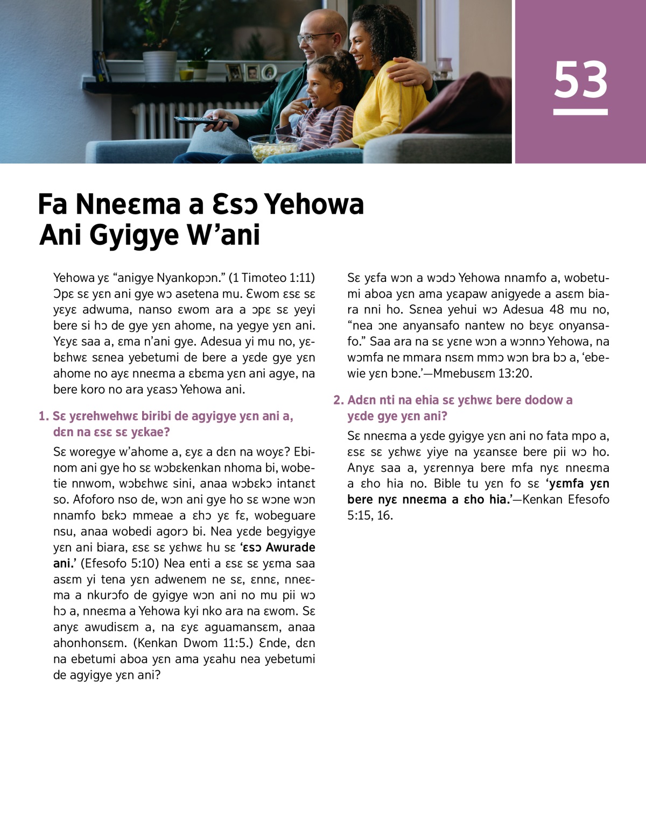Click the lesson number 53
pyautogui.click(x=580, y=80)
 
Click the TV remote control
pyautogui.click(x=202, y=121)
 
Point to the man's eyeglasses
pyautogui.click(x=314, y=37)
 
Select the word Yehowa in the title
pyautogui.click(x=314, y=204)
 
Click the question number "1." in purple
pyautogui.click(x=44, y=416)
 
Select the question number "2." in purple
pyautogui.click(x=338, y=400)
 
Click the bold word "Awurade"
pyautogui.click(x=291, y=547)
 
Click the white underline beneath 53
pyautogui.click(x=580, y=112)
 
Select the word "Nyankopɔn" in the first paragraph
pyautogui.click(x=185, y=278)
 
